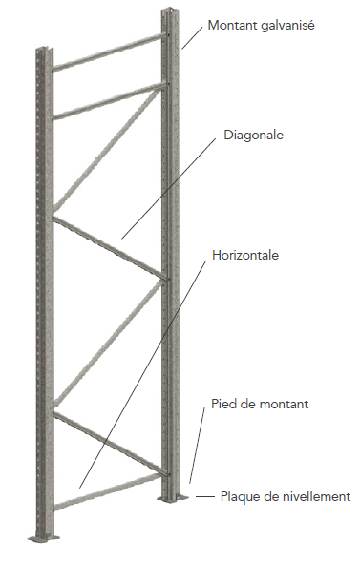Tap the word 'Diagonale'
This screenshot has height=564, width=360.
[254, 135]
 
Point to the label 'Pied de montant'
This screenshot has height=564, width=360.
[259, 405]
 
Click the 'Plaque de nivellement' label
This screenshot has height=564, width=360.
[286, 496]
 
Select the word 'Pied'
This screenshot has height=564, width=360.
[222, 405]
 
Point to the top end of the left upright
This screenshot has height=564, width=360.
[42, 50]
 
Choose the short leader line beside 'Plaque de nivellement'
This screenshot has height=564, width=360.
[204, 496]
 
